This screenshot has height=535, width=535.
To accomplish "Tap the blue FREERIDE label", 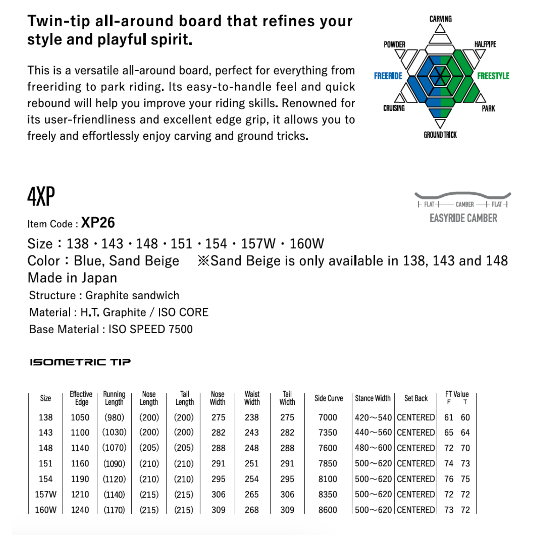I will (388, 76).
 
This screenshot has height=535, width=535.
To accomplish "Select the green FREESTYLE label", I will (493, 76).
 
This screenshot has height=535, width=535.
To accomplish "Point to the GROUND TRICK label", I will (440, 135).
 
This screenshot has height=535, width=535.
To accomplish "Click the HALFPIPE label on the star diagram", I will (485, 44).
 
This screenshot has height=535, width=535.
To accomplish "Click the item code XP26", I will (98, 223).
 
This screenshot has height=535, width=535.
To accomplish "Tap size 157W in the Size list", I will (258, 244).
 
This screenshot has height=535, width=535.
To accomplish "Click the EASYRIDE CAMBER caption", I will (463, 218).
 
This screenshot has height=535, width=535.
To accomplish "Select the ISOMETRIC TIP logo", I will (80, 362).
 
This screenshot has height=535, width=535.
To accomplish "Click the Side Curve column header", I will (328, 398).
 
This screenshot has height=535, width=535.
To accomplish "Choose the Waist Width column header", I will (252, 398).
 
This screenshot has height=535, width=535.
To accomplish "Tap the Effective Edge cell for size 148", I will (80, 448).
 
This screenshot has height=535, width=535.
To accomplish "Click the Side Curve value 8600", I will (328, 510).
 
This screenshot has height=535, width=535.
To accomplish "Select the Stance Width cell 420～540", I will (373, 417).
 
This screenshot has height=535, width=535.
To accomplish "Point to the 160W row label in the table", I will (46, 510).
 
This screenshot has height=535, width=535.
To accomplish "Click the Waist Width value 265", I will (252, 494).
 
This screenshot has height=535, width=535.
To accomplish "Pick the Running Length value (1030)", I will (114, 432).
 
